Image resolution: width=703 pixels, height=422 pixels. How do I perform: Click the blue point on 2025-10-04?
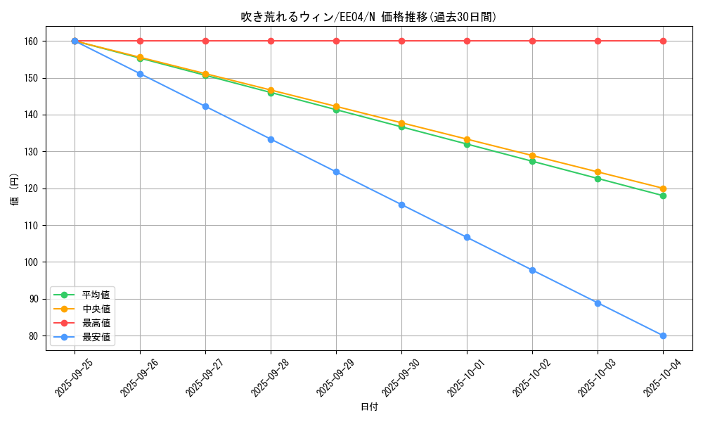click(663, 335)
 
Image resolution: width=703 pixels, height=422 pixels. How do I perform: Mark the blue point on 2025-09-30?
click(401, 205)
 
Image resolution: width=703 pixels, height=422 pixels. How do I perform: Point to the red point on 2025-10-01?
click(467, 41)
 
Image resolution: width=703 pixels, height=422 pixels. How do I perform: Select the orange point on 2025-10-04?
click(663, 188)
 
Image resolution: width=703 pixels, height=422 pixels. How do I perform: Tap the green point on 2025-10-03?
click(598, 179)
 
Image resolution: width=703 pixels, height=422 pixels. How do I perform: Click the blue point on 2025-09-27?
click(205, 106)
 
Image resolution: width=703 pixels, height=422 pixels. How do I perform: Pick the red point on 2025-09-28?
click(271, 41)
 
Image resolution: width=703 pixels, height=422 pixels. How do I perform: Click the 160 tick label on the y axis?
click(32, 41)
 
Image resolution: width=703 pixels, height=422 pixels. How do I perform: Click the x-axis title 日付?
click(368, 407)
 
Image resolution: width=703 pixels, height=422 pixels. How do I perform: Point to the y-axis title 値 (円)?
click(14, 191)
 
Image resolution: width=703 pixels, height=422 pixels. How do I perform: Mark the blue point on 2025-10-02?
click(532, 270)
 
